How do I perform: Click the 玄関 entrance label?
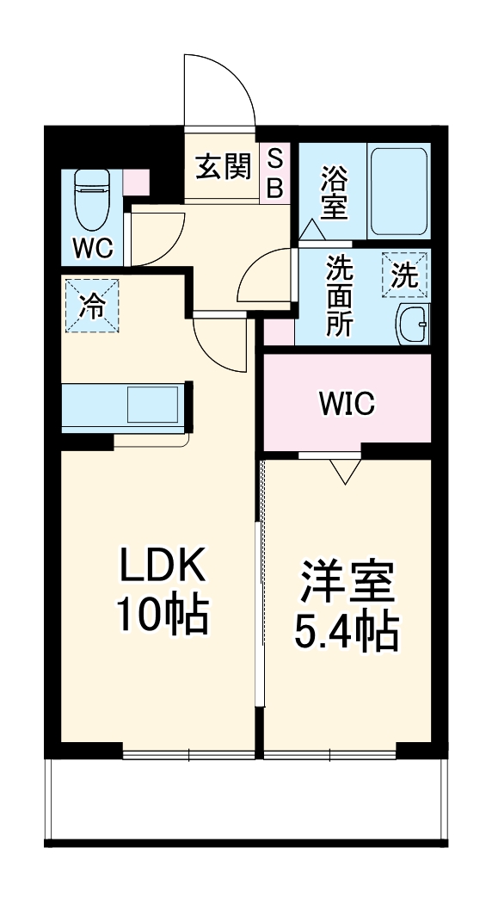click(x=221, y=168)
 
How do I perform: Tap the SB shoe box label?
click(x=274, y=174)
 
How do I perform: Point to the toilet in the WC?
click(x=92, y=195)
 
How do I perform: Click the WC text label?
click(x=92, y=248)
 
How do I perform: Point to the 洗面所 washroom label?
click(x=338, y=297)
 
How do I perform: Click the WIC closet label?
click(x=346, y=402)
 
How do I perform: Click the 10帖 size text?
click(x=163, y=616)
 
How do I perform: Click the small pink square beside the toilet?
click(x=136, y=182)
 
